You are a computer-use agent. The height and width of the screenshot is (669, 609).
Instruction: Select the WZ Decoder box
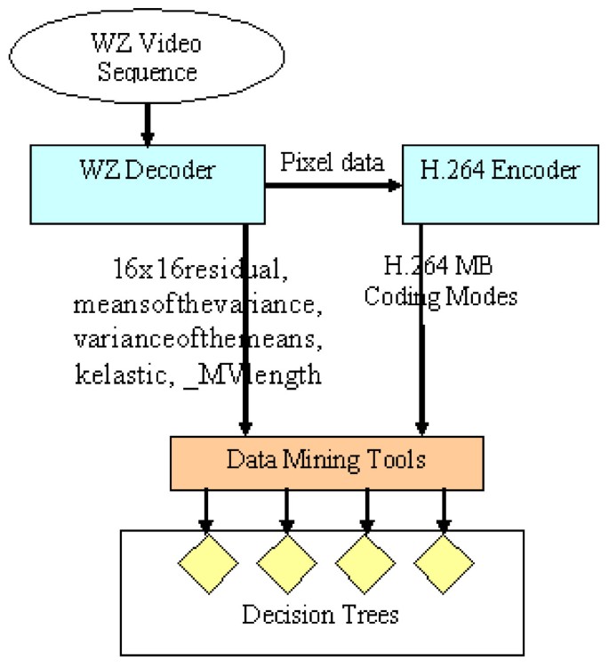click(148, 185)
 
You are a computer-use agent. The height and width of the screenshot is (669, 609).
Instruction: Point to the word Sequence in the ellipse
click(148, 71)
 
